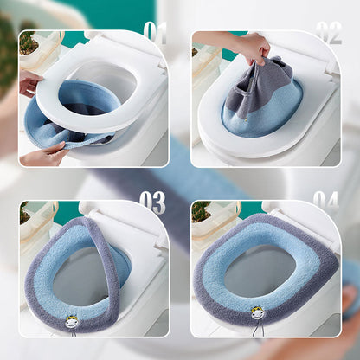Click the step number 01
(x=155, y=33)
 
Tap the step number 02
(x=328, y=33)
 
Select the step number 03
(x=152, y=202)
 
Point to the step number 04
(x=325, y=202)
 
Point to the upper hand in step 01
(x=29, y=82)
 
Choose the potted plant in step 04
(x=200, y=210)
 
